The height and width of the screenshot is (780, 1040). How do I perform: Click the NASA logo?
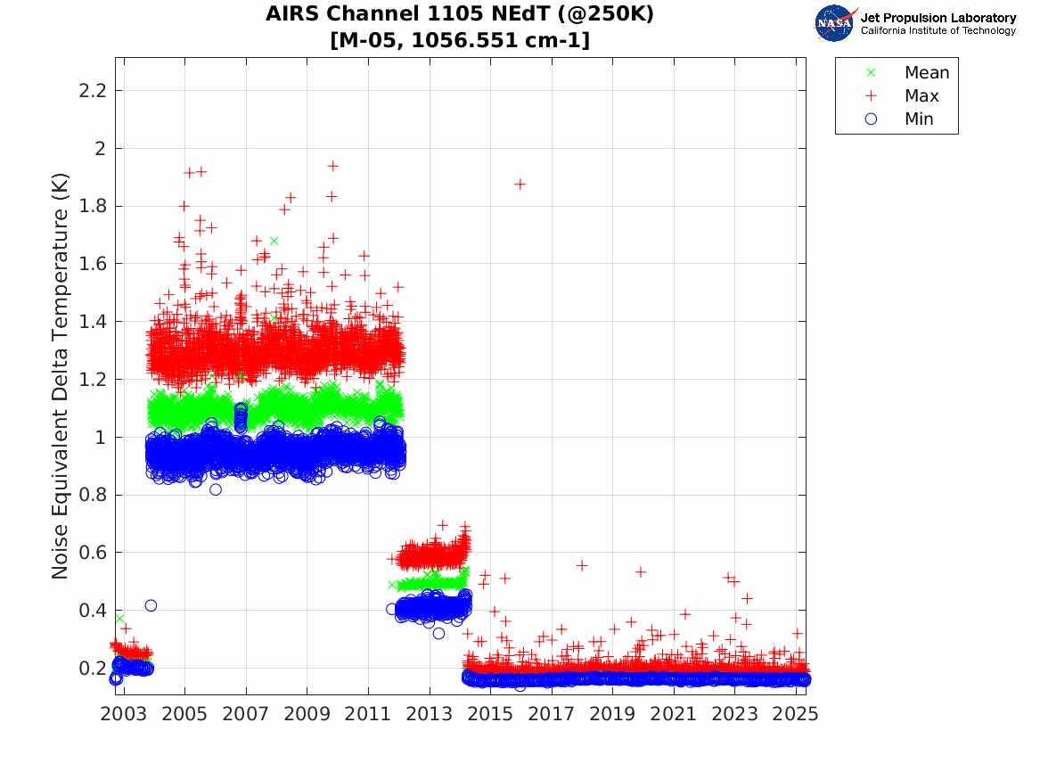835,23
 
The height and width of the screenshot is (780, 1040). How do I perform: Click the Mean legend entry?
926,73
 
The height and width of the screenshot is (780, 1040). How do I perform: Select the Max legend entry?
921,96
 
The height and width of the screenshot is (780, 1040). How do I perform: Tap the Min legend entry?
919,119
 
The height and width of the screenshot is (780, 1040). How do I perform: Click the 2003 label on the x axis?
124,714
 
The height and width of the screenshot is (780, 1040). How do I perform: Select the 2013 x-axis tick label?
430,714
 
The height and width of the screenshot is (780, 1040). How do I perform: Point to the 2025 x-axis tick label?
796,714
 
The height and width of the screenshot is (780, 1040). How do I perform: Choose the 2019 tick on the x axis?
612,714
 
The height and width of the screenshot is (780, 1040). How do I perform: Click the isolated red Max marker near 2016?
520,185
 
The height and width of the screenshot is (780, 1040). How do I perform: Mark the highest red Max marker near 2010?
332,166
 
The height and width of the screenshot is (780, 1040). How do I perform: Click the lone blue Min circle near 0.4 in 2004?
151,606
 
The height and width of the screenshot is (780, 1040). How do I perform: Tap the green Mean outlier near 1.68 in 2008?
274,241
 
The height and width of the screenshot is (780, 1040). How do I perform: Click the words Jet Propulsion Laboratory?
938,18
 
